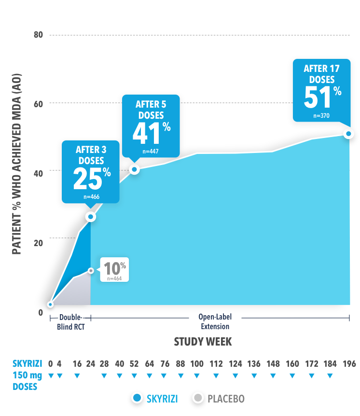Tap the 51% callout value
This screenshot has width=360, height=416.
click(322, 97)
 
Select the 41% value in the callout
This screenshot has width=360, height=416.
click(151, 132)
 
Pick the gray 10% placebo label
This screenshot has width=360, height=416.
click(115, 268)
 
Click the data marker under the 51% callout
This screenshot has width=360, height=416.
click(348, 134)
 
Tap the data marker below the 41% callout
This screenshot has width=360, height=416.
click(135, 169)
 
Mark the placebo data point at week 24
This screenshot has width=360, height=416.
click(91, 271)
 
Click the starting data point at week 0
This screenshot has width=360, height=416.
click(50, 305)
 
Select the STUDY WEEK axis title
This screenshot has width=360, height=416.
click(203, 342)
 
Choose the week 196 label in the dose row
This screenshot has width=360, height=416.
click(349, 363)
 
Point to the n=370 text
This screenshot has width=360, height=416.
click(320, 115)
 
